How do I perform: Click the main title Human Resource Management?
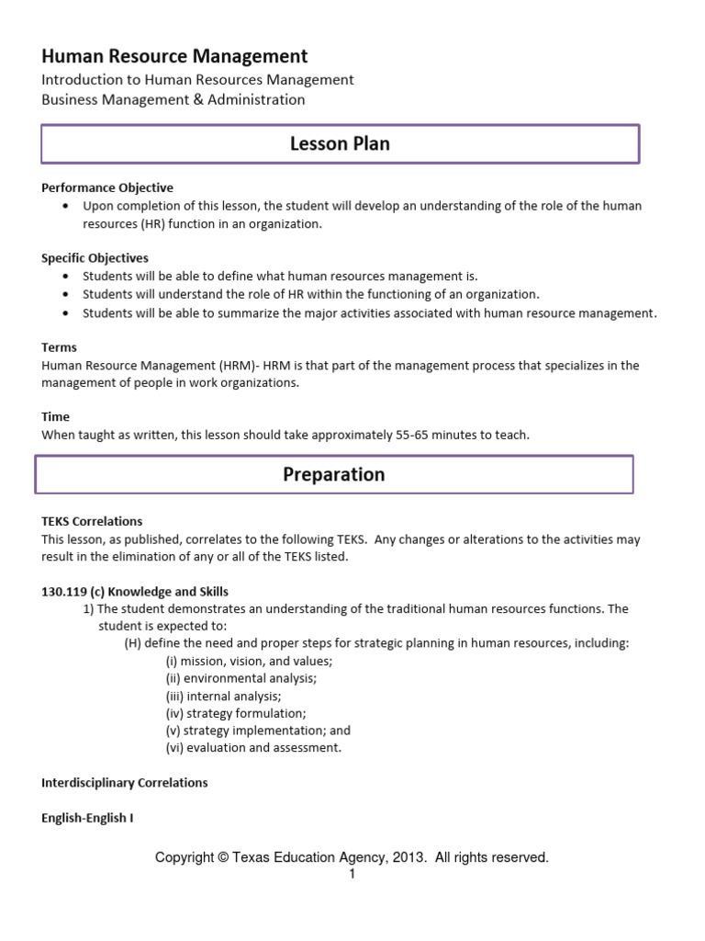[174, 56]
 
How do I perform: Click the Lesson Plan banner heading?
[340, 143]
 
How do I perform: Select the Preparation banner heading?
[334, 474]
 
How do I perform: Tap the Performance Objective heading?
[107, 187]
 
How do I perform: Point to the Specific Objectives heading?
[95, 258]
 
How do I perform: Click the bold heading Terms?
[60, 347]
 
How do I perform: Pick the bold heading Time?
[56, 417]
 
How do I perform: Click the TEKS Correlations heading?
[92, 521]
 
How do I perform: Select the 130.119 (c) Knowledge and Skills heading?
[135, 591]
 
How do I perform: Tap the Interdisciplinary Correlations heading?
[125, 783]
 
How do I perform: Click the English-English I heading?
[87, 818]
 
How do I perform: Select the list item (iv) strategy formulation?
[236, 713]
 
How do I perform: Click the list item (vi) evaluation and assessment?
[253, 748]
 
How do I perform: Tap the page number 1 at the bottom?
[352, 874]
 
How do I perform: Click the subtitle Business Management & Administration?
[173, 99]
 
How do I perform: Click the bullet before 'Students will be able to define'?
[65, 276]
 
